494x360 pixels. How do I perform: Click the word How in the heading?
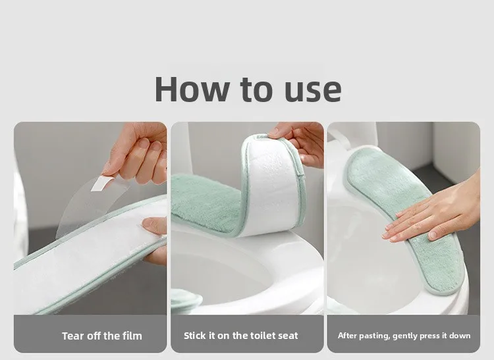point(192,89)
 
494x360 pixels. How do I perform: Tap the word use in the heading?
point(313,91)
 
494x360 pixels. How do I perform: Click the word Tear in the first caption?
point(73,336)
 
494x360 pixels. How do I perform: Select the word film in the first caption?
point(131,336)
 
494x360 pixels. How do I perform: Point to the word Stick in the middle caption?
point(195,336)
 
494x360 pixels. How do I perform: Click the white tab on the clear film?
point(101,183)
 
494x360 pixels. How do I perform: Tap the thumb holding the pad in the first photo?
point(154,226)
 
